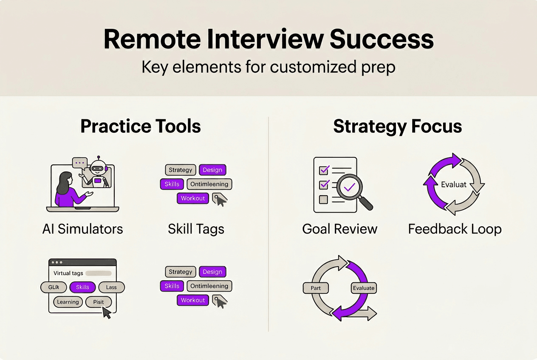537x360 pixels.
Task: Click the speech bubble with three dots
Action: [x=79, y=163]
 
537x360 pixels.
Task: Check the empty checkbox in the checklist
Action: [x=324, y=199]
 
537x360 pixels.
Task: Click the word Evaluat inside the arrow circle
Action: [x=454, y=185]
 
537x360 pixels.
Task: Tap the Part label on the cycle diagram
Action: [x=316, y=288]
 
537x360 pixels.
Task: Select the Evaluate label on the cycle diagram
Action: [x=364, y=288]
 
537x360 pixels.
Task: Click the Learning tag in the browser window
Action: [x=68, y=302]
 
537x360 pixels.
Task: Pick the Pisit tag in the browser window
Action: [x=98, y=302]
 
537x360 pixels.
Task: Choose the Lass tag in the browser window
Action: [x=111, y=287]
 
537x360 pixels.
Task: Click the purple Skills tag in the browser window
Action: [x=82, y=287]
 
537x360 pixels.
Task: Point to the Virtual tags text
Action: [x=68, y=273]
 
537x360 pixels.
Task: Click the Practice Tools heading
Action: [x=141, y=127]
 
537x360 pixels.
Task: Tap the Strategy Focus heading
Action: [x=397, y=127]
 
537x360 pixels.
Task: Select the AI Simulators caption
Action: [x=83, y=229]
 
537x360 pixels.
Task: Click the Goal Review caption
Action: [x=339, y=229]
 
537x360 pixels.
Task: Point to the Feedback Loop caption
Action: [x=455, y=229]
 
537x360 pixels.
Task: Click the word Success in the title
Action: [x=382, y=39]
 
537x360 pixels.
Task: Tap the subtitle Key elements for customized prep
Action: [x=268, y=67]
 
